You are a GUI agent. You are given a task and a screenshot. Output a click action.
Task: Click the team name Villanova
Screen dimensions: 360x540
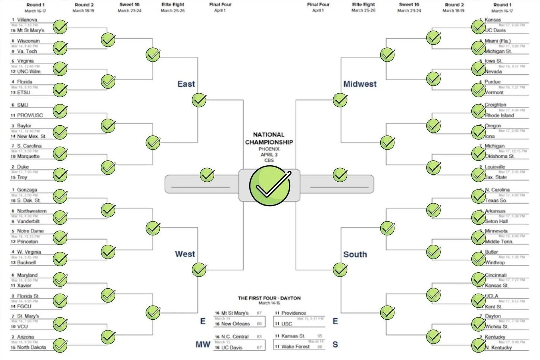point(27,19)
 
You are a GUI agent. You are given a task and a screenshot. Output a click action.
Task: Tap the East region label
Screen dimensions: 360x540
point(186,84)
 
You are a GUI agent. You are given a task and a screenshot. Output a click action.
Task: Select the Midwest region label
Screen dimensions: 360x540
point(360,84)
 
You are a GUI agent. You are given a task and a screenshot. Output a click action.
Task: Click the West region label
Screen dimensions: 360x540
point(185,254)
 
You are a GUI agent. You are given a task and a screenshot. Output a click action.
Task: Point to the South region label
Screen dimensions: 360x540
point(355,254)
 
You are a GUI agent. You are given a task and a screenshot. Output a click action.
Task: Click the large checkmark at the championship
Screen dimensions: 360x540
point(269,185)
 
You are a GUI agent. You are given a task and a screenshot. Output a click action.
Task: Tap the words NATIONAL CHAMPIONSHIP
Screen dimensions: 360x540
point(269,138)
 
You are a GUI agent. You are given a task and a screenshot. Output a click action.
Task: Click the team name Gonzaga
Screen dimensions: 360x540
point(27,190)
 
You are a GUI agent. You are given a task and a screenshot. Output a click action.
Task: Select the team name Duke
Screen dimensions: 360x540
point(23,167)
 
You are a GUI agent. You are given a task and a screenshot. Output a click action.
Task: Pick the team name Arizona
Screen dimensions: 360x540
point(25,337)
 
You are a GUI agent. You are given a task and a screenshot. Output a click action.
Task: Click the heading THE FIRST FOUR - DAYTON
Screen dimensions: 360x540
point(269,298)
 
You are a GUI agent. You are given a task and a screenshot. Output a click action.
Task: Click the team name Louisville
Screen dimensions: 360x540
point(495,167)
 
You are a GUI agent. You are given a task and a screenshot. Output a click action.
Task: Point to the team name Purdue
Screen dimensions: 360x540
point(493,82)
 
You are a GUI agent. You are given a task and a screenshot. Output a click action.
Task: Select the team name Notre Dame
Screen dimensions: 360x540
point(30,231)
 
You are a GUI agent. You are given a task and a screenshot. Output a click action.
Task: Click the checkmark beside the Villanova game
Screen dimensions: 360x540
point(60,27)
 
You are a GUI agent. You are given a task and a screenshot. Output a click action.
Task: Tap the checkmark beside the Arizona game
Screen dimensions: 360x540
point(60,345)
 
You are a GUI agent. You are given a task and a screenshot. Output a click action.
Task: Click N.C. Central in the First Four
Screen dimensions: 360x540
point(235,336)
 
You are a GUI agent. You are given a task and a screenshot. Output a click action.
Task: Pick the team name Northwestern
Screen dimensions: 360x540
point(32,211)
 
